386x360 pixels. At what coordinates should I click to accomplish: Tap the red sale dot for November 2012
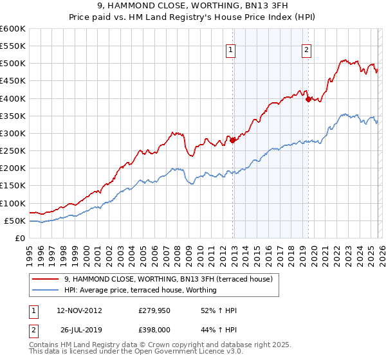pyautogui.click(x=232, y=141)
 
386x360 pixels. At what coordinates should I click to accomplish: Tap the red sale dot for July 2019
pyautogui.click(x=308, y=99)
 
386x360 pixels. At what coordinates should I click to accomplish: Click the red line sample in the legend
pyautogui.click(x=46, y=279)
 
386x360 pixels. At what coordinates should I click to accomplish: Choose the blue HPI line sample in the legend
pyautogui.click(x=46, y=290)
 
